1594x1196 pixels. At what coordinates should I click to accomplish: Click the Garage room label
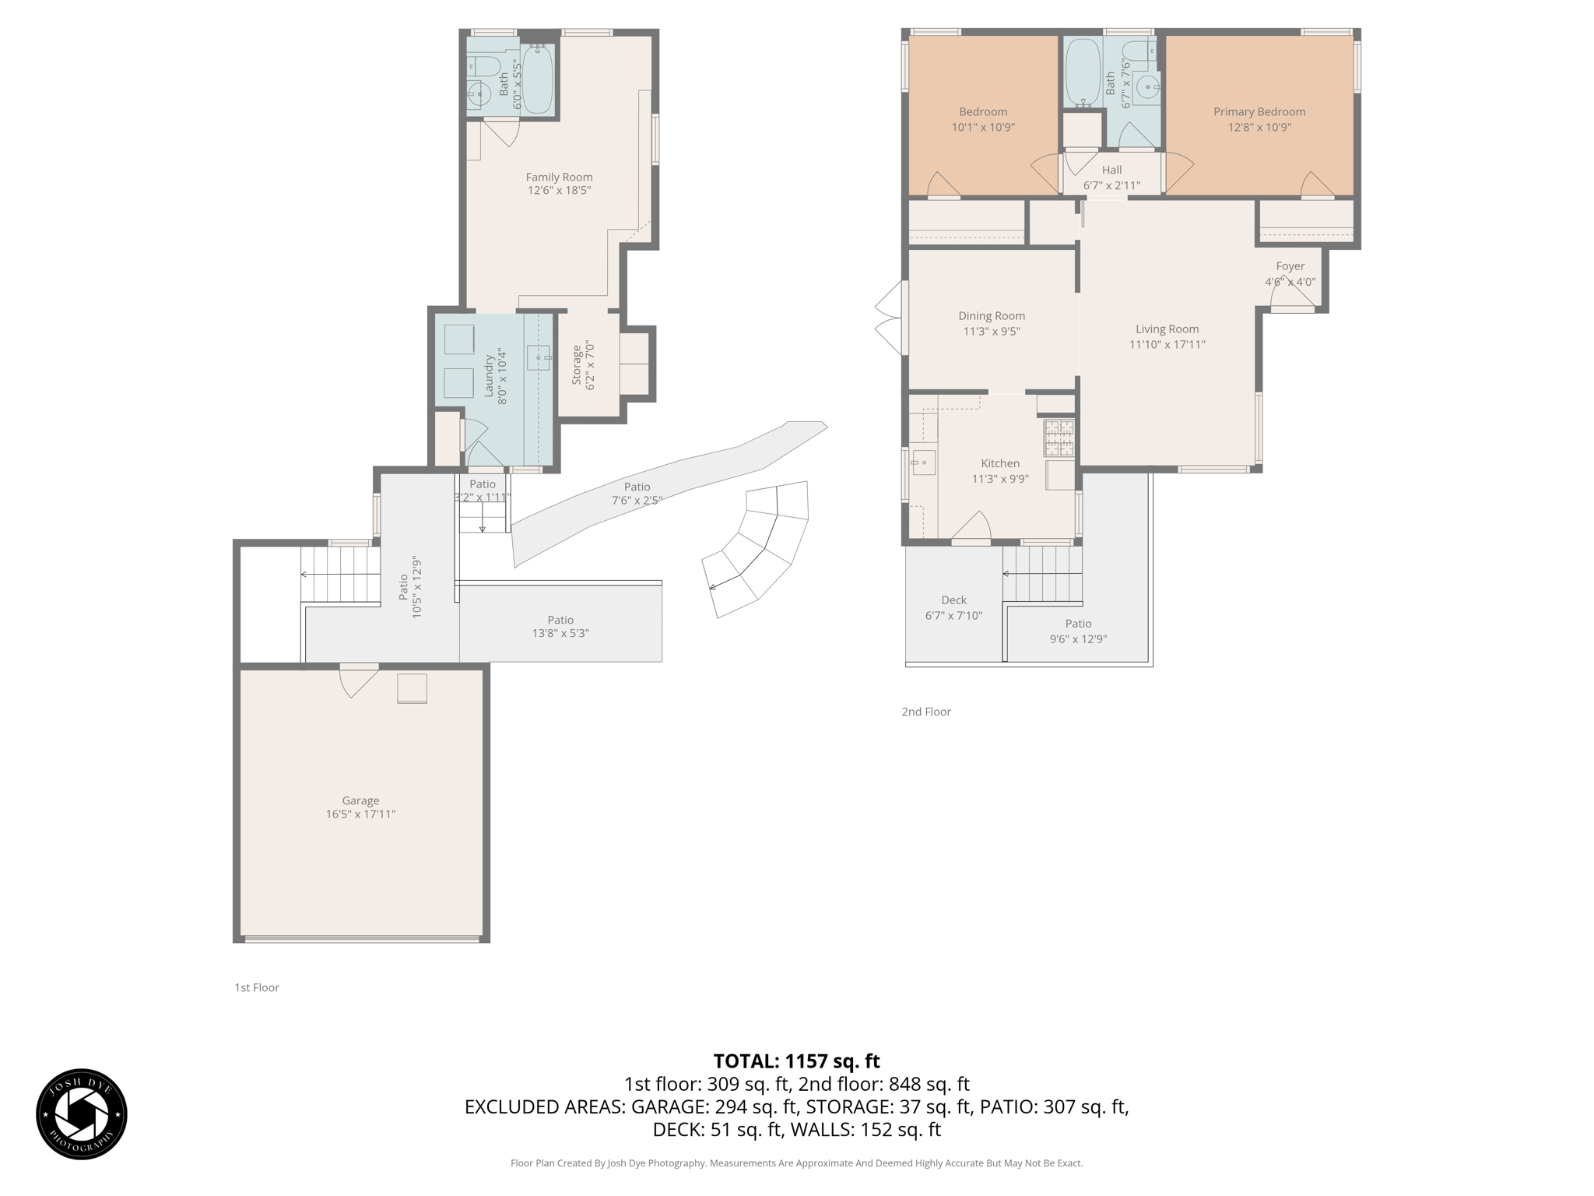pyautogui.click(x=360, y=800)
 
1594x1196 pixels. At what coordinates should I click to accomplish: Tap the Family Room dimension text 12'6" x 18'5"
pyautogui.click(x=559, y=190)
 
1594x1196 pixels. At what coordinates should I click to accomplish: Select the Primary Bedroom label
pyautogui.click(x=1259, y=112)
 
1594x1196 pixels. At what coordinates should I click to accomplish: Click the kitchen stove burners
pyautogui.click(x=1059, y=438)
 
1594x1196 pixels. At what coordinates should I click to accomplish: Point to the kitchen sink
pyautogui.click(x=923, y=463)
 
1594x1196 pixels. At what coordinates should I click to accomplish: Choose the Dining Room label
pyautogui.click(x=992, y=316)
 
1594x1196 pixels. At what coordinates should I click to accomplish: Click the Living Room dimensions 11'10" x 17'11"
pyautogui.click(x=1167, y=344)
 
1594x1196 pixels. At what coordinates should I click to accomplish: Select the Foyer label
pyautogui.click(x=1290, y=266)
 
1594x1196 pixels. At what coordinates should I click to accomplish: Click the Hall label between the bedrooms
pyautogui.click(x=1111, y=170)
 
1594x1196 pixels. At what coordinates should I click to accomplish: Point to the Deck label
pyautogui.click(x=953, y=600)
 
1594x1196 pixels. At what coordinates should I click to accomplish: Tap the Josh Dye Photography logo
pyautogui.click(x=82, y=1114)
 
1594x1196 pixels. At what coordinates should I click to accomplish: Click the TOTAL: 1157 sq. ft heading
pyautogui.click(x=796, y=1061)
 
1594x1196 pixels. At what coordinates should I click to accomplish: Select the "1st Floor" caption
pyautogui.click(x=257, y=987)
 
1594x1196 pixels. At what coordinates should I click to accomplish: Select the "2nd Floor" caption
pyautogui.click(x=926, y=712)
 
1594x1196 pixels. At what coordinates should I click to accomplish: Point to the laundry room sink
pyautogui.click(x=539, y=357)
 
